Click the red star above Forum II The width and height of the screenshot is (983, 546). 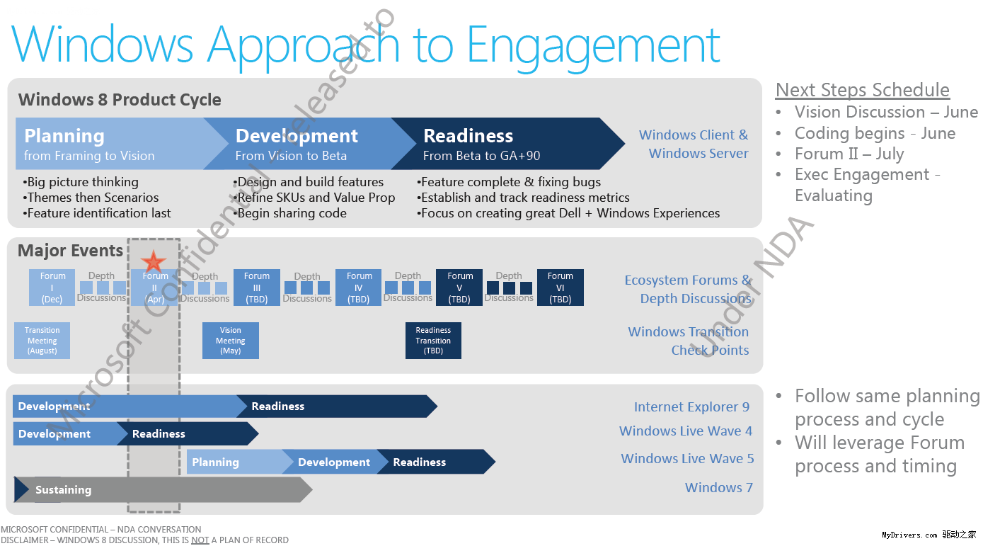(153, 261)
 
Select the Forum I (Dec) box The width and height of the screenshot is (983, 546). (52, 288)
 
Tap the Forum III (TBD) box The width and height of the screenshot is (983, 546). (257, 288)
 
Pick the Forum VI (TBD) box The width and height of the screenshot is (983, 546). (561, 288)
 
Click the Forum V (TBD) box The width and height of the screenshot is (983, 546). (459, 288)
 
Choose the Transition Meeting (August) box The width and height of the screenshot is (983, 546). (42, 341)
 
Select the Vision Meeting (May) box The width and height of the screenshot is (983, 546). (231, 341)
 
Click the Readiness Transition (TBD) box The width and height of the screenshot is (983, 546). (433, 341)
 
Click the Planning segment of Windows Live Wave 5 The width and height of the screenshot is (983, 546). (235, 462)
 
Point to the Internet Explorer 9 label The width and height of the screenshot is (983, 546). (691, 406)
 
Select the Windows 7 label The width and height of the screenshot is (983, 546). (719, 487)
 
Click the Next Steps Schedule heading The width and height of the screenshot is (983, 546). (862, 90)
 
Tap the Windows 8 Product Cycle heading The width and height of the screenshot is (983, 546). (120, 100)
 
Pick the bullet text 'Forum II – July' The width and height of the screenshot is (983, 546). (849, 154)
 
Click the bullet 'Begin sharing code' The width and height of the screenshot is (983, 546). (290, 213)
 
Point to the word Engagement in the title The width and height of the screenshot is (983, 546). (593, 46)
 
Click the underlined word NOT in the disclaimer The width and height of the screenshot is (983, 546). (200, 540)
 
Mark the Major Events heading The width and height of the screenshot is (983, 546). (70, 251)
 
